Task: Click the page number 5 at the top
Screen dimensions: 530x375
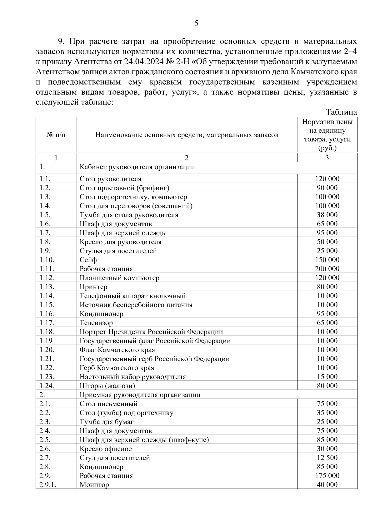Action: [196, 23]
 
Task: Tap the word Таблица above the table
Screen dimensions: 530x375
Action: [341, 112]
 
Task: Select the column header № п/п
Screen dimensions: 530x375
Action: [56, 135]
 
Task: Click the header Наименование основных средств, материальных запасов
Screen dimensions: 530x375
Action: [187, 135]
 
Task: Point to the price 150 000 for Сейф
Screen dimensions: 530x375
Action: [327, 260]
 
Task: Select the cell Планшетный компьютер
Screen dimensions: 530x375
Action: [119, 278]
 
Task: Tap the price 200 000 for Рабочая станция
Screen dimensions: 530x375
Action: [327, 269]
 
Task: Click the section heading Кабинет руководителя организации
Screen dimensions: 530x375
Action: [137, 167]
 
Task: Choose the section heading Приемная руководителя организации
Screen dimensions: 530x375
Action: [140, 395]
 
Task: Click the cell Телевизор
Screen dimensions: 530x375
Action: [96, 323]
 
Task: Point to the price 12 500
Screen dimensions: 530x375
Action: [327, 458]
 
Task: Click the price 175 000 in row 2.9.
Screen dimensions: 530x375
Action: [327, 476]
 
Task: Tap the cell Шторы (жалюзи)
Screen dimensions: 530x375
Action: [107, 386]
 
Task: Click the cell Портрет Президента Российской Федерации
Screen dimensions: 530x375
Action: [151, 332]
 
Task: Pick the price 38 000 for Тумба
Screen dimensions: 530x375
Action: [327, 215]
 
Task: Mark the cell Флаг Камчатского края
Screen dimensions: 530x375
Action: [117, 350]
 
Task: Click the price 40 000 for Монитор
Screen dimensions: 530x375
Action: [327, 485]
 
